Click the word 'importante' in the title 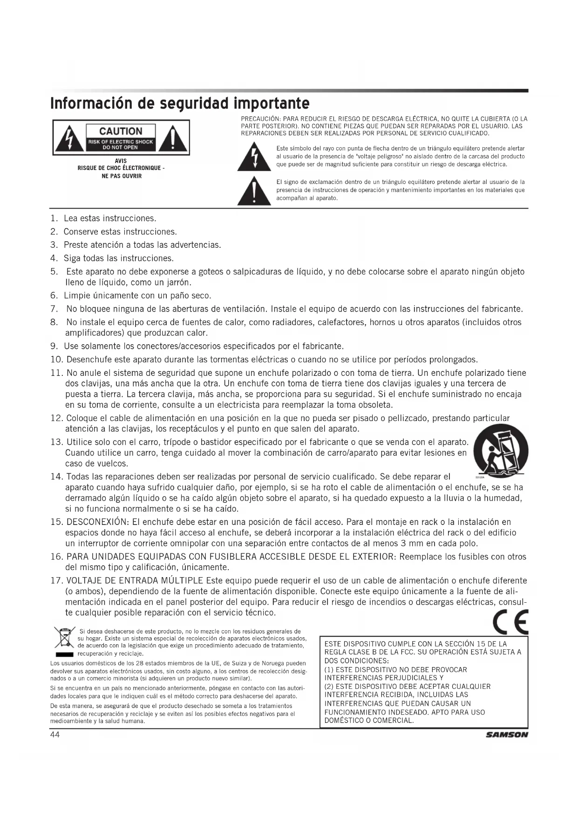[271, 103]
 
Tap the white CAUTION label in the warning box [121, 131]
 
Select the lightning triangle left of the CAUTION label [69, 138]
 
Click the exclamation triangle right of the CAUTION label [172, 138]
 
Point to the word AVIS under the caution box [121, 161]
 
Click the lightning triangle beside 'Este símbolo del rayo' [254, 157]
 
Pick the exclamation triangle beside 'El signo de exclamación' [254, 191]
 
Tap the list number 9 [54, 346]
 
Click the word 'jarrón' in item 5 [177, 282]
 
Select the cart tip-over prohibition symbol [500, 450]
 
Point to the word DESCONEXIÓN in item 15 [97, 522]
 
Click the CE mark [510, 622]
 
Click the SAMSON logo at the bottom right [507, 735]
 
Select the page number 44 [55, 735]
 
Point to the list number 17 [56, 580]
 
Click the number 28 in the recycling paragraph [142, 663]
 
